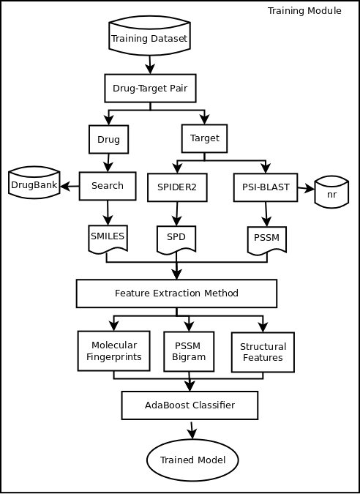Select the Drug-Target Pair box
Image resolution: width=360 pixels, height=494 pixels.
[x=150, y=89]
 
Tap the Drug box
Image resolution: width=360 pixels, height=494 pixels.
[x=109, y=139]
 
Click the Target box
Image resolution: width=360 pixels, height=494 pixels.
[x=204, y=138]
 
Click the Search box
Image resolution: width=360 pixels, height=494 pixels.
[x=108, y=186]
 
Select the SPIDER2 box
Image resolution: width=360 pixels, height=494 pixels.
[x=177, y=187]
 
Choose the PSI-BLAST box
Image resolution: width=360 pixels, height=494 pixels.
[x=266, y=187]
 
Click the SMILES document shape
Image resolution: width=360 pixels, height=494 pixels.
[x=108, y=239]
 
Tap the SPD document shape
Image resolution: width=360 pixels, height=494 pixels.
[x=176, y=239]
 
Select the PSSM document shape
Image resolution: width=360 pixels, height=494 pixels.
[x=267, y=240]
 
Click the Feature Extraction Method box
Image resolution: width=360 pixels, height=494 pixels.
[x=176, y=293]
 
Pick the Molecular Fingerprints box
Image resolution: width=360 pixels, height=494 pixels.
[x=114, y=351]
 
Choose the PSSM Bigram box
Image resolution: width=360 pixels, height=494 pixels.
[x=189, y=351]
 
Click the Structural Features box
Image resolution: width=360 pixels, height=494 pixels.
[x=263, y=352]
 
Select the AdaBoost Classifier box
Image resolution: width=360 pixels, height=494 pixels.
[x=190, y=405]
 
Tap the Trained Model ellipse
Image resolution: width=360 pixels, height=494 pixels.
[x=192, y=460]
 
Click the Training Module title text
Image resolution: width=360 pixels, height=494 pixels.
[x=304, y=11]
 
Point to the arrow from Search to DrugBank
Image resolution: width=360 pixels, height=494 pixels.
[x=70, y=187]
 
